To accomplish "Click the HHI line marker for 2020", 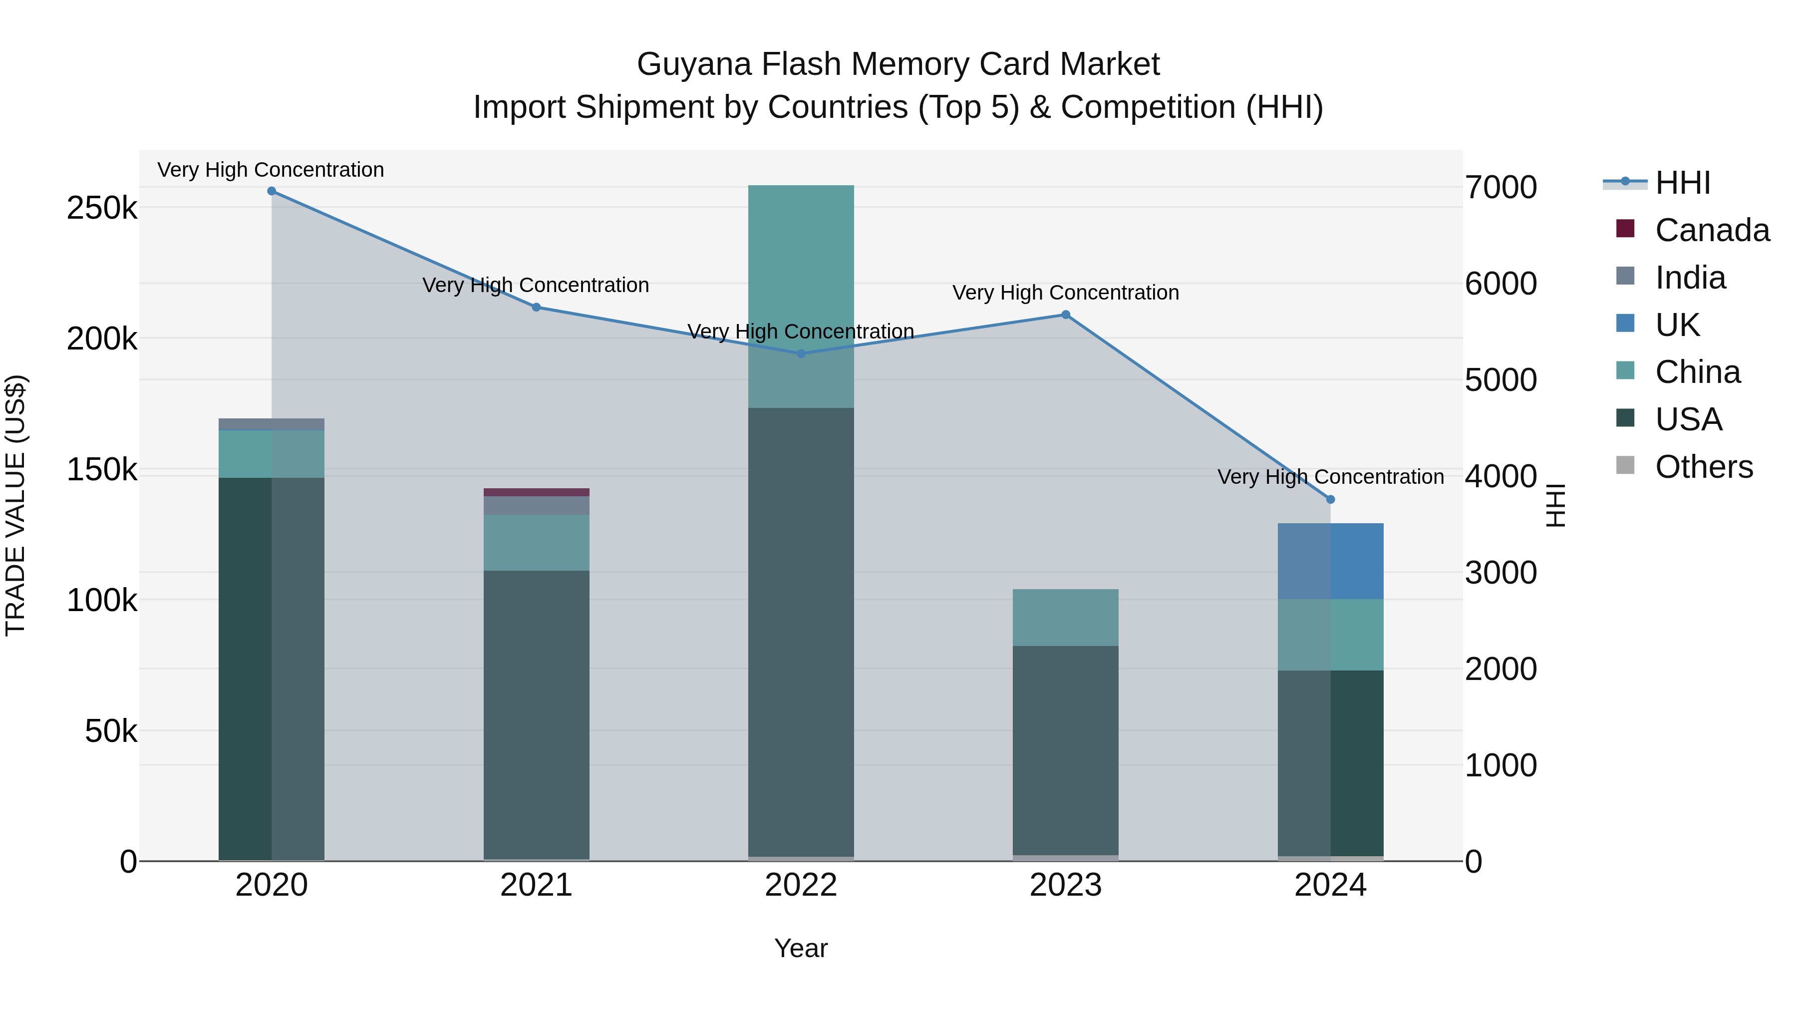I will [272, 191].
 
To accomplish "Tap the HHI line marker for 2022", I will [801, 354].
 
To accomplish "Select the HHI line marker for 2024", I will [1330, 500].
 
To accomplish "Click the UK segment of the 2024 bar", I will [1330, 561].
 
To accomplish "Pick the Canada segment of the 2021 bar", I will [537, 493].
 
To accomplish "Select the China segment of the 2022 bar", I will [801, 296].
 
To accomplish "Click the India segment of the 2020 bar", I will [272, 424].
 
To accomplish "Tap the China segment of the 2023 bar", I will [1065, 618].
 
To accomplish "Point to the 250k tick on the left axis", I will [102, 208].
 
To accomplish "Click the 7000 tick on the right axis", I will [1500, 187].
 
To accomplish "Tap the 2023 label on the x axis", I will [1065, 885].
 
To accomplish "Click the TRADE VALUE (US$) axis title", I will [15, 505].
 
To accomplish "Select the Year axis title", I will [801, 948].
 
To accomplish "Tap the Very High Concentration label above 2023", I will [1065, 293].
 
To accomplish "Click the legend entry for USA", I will [1688, 419].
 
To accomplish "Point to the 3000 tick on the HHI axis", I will [1500, 573].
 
